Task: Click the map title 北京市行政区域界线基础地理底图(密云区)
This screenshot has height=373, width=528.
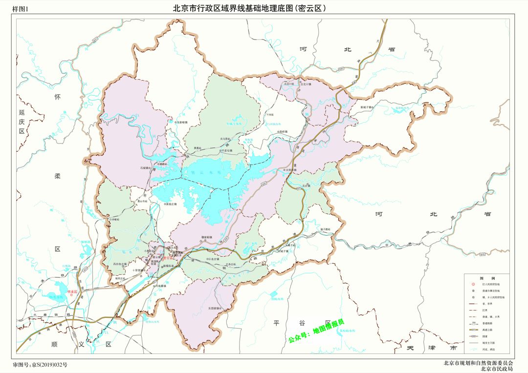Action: [249, 8]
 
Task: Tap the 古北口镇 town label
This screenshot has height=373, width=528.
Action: [289, 83]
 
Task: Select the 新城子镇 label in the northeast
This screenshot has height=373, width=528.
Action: [367, 107]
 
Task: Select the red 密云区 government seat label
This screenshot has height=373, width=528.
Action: [169, 258]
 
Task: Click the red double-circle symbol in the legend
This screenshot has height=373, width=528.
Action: [473, 284]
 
